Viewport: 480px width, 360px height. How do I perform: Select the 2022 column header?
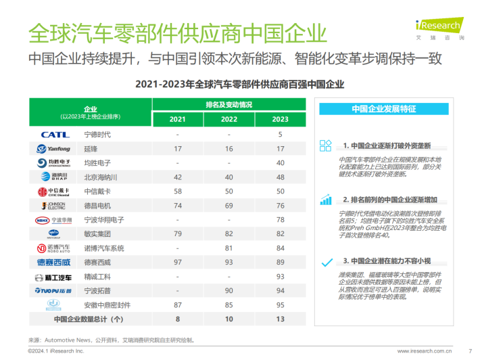[229, 119]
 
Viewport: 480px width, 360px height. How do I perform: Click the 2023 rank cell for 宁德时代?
[280, 135]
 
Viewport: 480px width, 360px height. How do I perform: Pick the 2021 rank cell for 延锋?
[178, 149]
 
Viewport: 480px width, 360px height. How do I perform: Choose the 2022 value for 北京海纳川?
[229, 177]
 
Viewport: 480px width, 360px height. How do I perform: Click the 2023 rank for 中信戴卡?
[280, 192]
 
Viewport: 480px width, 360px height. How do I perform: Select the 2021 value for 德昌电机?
[178, 206]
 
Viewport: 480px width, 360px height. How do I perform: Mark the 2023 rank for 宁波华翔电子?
[280, 220]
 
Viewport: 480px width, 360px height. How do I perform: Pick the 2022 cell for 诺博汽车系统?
[229, 248]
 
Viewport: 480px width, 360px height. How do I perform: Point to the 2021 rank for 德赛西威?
[178, 263]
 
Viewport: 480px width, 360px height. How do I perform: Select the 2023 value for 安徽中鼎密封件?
[280, 305]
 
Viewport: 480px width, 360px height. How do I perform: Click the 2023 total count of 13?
[280, 319]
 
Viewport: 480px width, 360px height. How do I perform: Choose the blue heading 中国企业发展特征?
[384, 109]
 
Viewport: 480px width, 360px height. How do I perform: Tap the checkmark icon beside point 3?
[327, 263]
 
